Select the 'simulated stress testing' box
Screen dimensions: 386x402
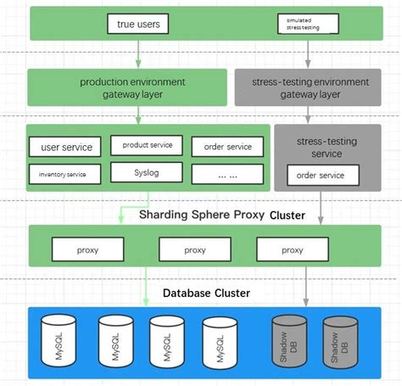point(308,23)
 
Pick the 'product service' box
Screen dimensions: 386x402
point(147,145)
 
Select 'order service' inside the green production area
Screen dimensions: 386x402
point(227,147)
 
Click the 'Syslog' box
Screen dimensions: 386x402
point(147,172)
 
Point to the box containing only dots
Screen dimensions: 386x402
point(227,174)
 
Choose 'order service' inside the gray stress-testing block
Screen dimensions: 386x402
point(320,176)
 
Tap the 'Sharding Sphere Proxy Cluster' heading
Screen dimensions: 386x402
point(221,215)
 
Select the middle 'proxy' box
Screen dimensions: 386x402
point(194,249)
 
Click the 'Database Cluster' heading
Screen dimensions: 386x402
point(206,293)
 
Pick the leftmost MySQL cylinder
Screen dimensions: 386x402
point(59,343)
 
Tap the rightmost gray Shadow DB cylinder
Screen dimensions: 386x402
point(340,343)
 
